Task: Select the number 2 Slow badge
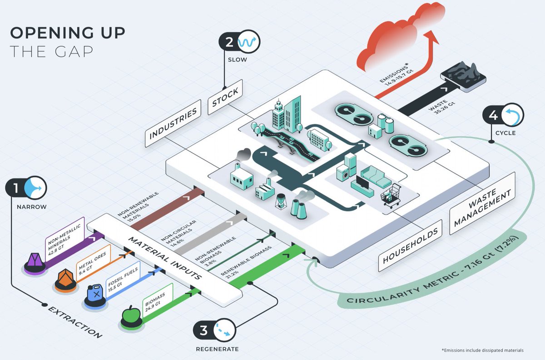(238, 42)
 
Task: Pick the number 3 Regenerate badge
(215, 330)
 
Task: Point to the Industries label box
(173, 122)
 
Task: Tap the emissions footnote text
(482, 350)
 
